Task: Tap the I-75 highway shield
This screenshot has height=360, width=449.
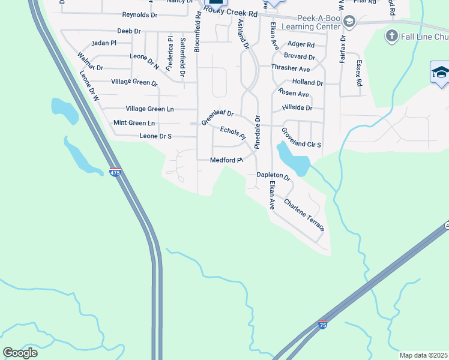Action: [x=323, y=325]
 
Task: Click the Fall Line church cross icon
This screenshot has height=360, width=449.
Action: [x=391, y=37]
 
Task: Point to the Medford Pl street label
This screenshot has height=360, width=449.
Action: [x=226, y=160]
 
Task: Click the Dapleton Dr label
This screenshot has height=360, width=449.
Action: [x=274, y=176]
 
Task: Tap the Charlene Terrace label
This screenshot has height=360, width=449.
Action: [x=304, y=216]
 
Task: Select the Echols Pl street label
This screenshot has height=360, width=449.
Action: [x=233, y=133]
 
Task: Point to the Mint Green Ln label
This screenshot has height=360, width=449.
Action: [x=134, y=123]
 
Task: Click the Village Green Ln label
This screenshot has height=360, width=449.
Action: [x=149, y=109]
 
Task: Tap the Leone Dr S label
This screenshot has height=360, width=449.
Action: [x=147, y=136]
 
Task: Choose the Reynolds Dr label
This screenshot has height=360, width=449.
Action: [x=139, y=14]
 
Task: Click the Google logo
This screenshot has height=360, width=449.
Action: [x=20, y=352]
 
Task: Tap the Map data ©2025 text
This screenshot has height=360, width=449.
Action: [x=423, y=355]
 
